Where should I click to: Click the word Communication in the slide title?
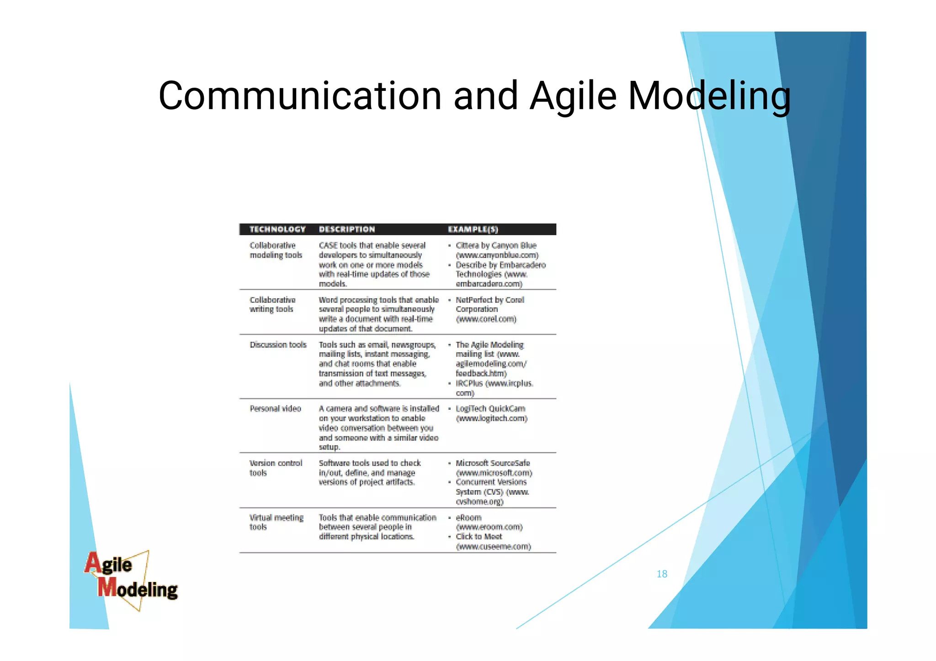(x=300, y=96)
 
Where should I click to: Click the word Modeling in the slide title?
(x=709, y=97)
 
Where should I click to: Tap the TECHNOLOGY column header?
(x=277, y=229)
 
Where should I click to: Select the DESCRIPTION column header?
(x=347, y=229)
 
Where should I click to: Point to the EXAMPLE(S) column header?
(x=473, y=229)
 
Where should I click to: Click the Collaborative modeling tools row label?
(x=276, y=250)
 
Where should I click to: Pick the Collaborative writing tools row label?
(x=272, y=305)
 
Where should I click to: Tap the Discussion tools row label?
(x=278, y=345)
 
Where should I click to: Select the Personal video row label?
(x=275, y=409)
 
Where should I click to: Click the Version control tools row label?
(x=276, y=468)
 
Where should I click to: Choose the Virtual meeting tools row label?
(x=276, y=522)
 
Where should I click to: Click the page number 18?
(x=662, y=574)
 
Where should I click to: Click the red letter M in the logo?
(x=107, y=588)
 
